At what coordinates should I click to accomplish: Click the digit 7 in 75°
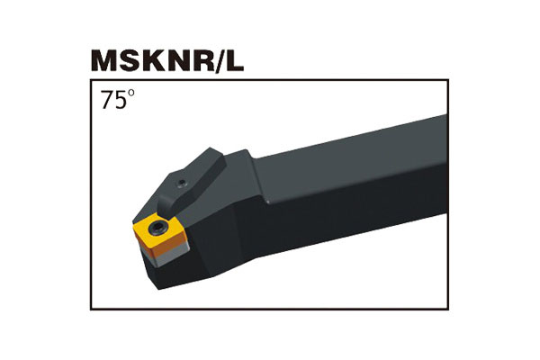click(x=107, y=100)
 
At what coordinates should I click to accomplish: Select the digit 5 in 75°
click(x=120, y=100)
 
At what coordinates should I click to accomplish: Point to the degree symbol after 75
click(x=130, y=93)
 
